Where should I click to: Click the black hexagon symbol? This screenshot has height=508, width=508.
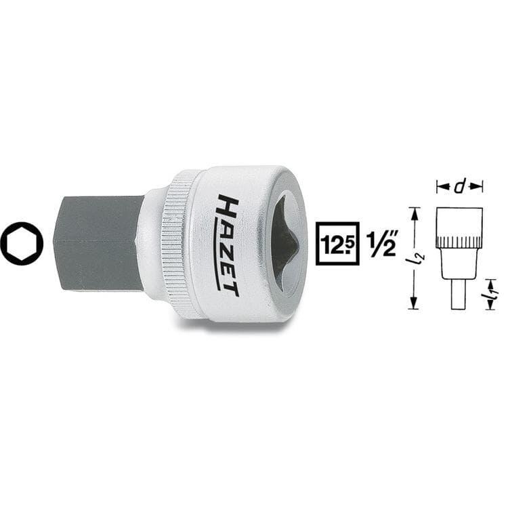click(22, 244)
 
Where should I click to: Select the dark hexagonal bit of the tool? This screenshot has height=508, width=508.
click(97, 242)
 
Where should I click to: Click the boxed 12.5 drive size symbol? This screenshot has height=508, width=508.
click(337, 244)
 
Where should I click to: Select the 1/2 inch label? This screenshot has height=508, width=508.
click(381, 244)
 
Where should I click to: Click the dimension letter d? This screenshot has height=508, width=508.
click(459, 187)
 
